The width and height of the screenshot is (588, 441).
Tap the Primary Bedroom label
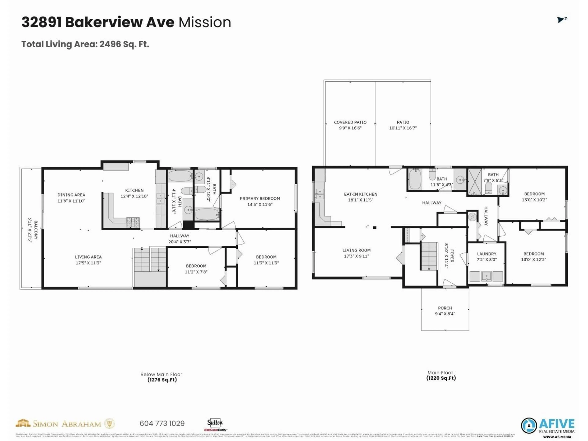click(x=260, y=199)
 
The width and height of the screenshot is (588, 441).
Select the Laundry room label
click(x=486, y=254)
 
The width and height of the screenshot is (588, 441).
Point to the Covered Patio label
click(x=350, y=122)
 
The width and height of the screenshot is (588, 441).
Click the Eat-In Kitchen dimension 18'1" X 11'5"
click(x=360, y=200)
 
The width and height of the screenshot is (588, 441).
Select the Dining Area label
click(x=71, y=195)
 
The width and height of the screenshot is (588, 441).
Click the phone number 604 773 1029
click(x=162, y=423)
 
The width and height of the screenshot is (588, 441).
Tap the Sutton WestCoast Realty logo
click(x=215, y=424)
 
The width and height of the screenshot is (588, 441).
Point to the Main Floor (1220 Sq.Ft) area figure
click(x=441, y=378)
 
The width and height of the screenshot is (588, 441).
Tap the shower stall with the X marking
click(x=475, y=182)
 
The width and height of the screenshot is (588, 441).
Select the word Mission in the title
click(x=205, y=22)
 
